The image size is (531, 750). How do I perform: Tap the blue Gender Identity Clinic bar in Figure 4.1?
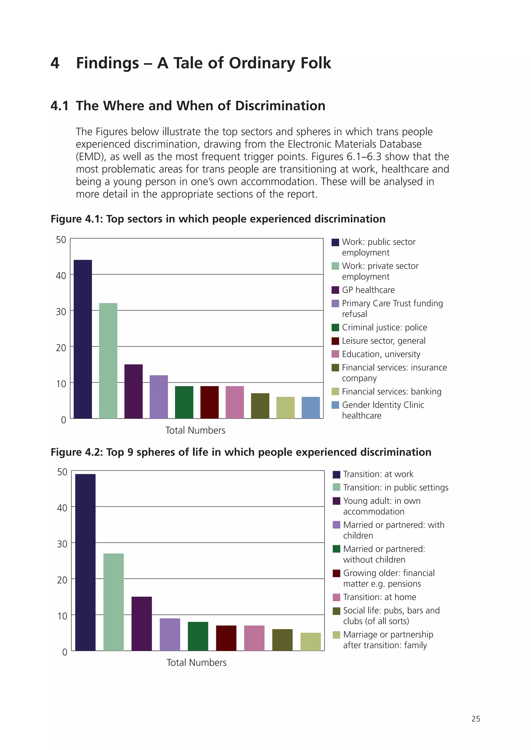[311, 407]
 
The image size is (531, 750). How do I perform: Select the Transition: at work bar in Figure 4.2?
[85, 562]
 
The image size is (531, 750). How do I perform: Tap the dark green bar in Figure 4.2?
[198, 636]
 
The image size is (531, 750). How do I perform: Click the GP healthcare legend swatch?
[335, 290]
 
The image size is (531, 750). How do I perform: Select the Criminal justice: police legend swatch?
[335, 327]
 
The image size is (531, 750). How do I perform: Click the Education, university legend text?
[381, 354]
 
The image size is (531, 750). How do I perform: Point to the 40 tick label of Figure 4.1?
[61, 276]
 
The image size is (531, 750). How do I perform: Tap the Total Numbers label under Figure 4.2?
[196, 662]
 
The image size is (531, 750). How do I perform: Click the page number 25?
[476, 719]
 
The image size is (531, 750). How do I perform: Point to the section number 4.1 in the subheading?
[60, 106]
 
